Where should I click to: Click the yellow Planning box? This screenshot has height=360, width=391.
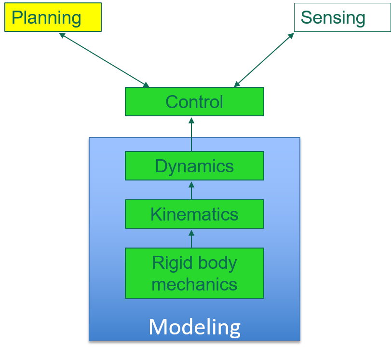coord(53,17)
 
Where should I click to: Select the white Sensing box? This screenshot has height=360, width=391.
coord(342,17)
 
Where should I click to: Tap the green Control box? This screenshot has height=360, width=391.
coord(194,102)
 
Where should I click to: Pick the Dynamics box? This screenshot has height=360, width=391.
coord(194,166)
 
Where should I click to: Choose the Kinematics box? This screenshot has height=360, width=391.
coord(194,214)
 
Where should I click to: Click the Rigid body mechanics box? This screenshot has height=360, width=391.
coord(194,273)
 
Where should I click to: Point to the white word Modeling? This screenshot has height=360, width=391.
coord(194,327)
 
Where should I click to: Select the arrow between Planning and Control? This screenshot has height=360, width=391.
coord(104,60)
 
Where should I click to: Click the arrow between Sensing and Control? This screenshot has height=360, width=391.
coord(264,60)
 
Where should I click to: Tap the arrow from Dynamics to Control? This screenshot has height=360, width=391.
coord(191,135)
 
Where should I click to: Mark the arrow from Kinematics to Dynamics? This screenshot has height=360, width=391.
coord(191,191)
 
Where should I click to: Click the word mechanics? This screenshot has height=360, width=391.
coord(194,284)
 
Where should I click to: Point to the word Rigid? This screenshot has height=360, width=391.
coord(168,263)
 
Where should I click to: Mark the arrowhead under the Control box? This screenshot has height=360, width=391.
coord(191,120)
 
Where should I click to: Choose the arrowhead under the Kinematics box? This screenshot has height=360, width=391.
coord(191,232)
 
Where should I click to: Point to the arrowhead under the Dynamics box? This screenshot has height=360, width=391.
coord(191,184)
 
